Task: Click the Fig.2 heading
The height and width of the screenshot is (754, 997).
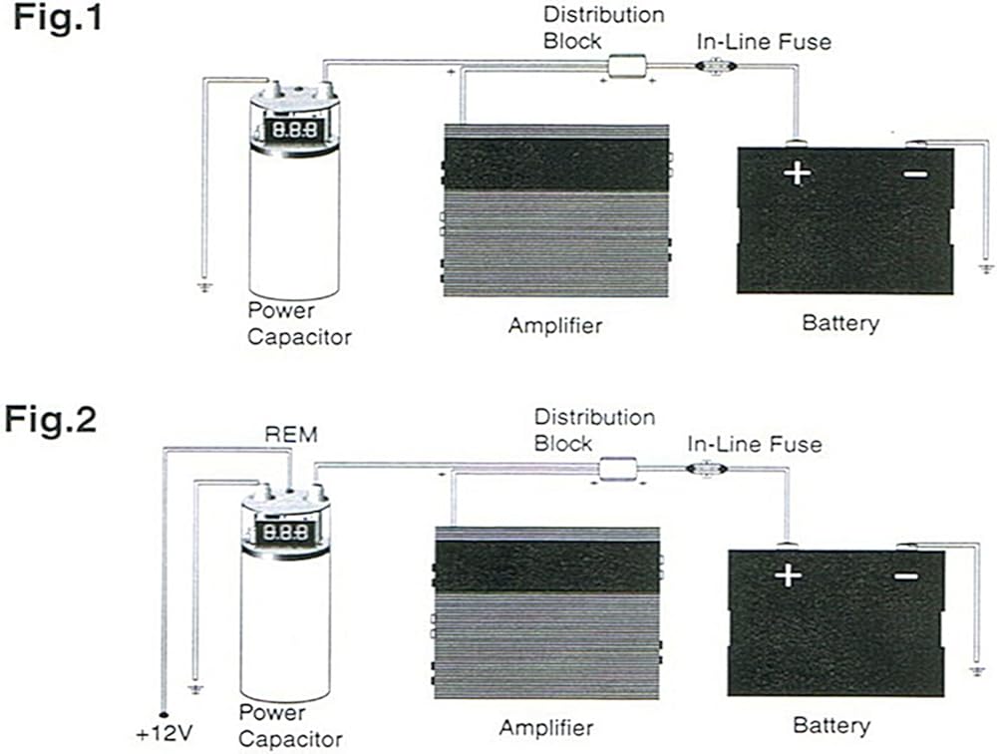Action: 52,419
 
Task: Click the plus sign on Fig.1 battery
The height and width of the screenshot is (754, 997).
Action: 797,174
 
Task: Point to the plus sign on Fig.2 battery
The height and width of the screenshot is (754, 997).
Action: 788,575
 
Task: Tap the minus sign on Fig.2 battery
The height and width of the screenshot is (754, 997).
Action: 905,576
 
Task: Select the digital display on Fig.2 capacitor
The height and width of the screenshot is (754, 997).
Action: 286,531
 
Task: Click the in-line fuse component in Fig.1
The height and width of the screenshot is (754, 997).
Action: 713,66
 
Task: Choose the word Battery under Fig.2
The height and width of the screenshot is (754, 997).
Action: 831,725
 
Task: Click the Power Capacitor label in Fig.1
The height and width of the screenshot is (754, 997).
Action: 299,323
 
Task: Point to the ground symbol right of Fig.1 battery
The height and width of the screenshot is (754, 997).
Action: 987,268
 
